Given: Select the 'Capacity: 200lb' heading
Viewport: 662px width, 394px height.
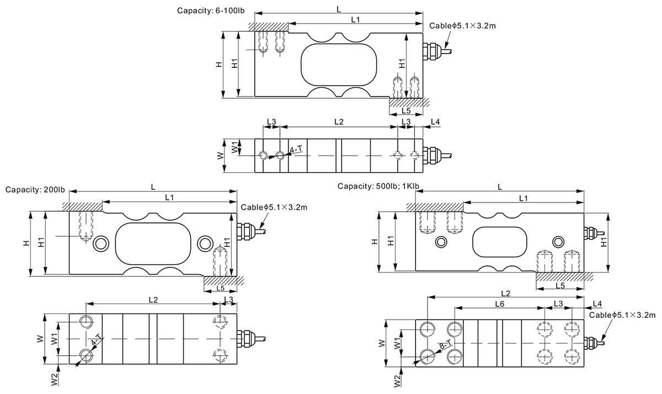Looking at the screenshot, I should (35, 190).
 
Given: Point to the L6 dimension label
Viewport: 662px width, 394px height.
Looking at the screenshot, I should (500, 304).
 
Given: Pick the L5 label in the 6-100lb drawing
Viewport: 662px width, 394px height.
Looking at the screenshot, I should (405, 110).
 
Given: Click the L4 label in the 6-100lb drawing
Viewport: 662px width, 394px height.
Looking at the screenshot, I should (435, 121).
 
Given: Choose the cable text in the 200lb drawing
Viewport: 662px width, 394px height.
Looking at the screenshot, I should (274, 207).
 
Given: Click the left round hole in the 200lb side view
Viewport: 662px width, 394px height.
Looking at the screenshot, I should (101, 243).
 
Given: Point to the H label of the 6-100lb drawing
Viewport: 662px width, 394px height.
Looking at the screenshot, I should (219, 64).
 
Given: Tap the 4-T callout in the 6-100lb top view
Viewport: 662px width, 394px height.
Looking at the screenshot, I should (296, 150).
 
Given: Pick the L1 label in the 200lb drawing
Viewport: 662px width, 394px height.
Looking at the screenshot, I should (169, 197).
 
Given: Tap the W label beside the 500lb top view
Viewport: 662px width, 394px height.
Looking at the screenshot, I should (382, 343).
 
